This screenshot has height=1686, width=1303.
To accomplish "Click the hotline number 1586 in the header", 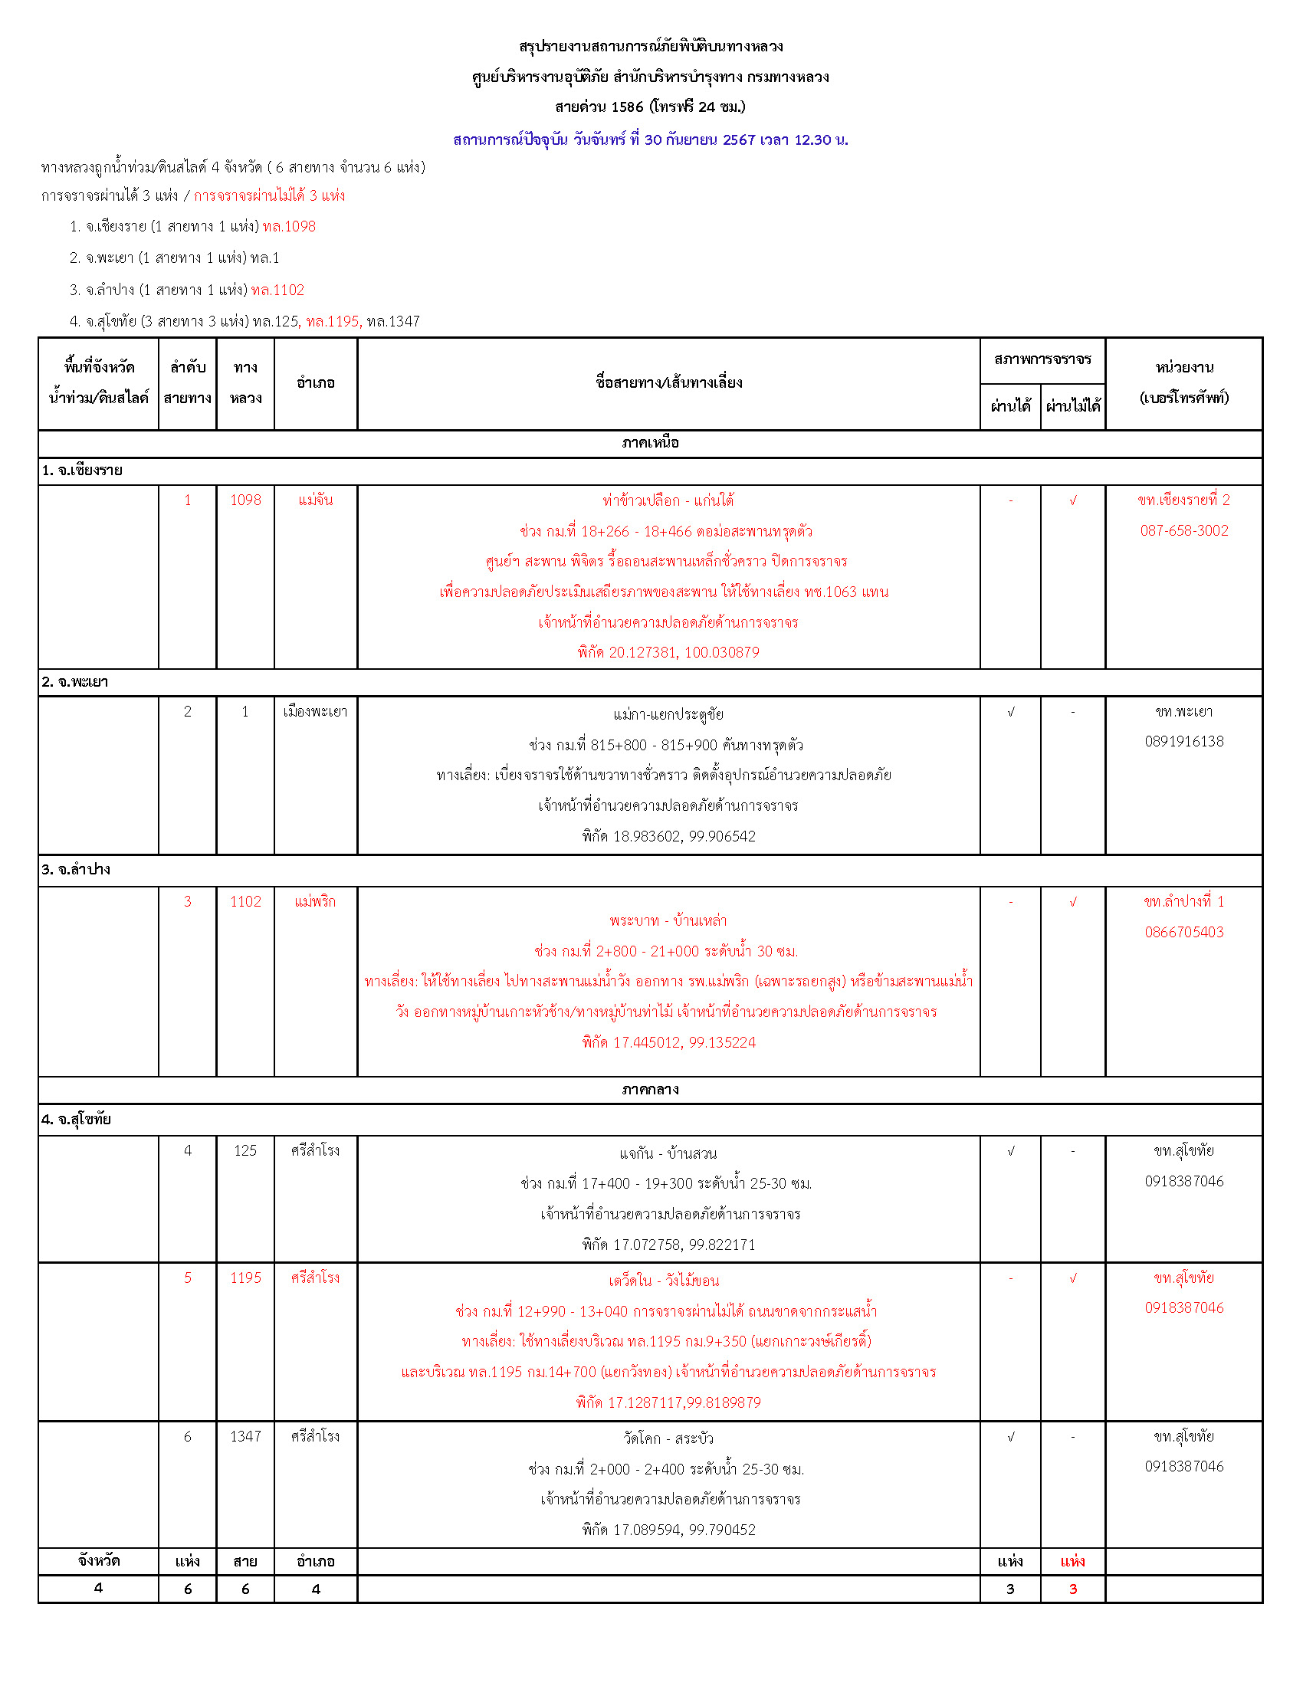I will click(627, 107).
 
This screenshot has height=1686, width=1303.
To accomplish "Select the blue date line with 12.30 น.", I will click(650, 139).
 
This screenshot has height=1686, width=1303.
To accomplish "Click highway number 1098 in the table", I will click(245, 500).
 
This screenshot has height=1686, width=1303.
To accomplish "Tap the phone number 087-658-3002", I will click(1183, 530).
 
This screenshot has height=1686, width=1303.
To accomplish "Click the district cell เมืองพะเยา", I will click(315, 712).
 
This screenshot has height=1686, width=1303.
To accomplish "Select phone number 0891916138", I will click(1183, 742).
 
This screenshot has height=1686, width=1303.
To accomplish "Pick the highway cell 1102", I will click(245, 902).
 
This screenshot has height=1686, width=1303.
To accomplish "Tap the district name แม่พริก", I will click(315, 902).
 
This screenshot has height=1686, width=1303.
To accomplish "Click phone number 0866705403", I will click(1183, 933).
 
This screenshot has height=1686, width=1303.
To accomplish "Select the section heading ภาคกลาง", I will click(650, 1089).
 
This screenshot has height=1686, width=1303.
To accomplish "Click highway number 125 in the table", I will click(245, 1151).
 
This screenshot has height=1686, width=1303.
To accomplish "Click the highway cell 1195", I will click(245, 1278).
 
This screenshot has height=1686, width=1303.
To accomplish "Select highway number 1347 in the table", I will click(245, 1437).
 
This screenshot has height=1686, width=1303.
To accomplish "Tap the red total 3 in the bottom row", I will click(1072, 1589).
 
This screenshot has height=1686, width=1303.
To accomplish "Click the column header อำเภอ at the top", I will click(315, 383).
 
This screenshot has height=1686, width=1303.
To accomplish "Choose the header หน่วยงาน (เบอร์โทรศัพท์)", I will click(1183, 383).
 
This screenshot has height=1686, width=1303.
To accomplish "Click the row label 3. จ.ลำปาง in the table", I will click(76, 870).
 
